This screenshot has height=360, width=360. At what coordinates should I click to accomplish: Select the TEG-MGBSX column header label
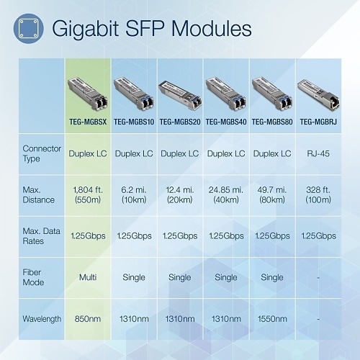pos(88,123)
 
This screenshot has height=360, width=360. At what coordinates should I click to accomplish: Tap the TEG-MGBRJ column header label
pos(318,123)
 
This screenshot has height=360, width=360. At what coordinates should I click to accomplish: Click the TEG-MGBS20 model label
pos(179,123)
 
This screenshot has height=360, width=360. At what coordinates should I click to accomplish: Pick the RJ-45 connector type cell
pos(318,153)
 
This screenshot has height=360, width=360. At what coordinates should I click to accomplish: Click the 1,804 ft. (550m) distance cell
pos(88,194)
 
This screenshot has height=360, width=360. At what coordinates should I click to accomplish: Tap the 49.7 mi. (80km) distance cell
pos(271,194)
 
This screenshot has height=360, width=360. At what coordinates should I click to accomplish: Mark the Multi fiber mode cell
pos(88,277)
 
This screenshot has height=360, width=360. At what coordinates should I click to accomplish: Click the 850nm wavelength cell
pos(88,318)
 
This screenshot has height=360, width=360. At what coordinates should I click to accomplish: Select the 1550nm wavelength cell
pos(271,318)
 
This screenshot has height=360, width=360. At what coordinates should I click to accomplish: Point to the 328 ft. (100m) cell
pos(318,194)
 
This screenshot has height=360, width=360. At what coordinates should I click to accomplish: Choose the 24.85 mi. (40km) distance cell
pos(225,194)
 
